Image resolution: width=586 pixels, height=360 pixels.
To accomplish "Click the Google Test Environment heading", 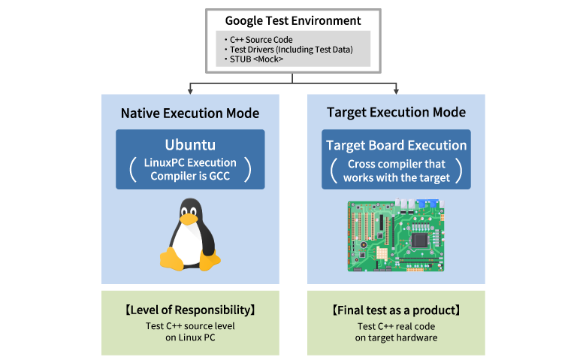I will pyautogui.click(x=292, y=21).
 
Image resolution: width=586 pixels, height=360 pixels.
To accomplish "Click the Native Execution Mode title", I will pyautogui.click(x=189, y=113).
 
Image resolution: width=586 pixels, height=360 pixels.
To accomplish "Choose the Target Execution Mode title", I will pyautogui.click(x=396, y=113).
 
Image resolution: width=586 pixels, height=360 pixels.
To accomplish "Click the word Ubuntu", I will pyautogui.click(x=189, y=144).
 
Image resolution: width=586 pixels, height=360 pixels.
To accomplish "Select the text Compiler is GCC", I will pyautogui.click(x=189, y=176).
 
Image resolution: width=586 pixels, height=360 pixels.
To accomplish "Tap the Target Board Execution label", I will pyautogui.click(x=396, y=145).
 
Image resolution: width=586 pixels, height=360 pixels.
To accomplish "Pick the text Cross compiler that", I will pyautogui.click(x=396, y=164).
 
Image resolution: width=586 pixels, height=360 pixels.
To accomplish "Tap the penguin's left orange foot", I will pyautogui.click(x=171, y=260).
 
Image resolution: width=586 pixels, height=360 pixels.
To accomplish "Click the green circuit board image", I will pyautogui.click(x=396, y=236).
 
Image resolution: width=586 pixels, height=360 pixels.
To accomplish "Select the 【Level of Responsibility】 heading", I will pyautogui.click(x=189, y=310).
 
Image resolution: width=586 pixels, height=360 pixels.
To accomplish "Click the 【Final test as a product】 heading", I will pyautogui.click(x=396, y=310).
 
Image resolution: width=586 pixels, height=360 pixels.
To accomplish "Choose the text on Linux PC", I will pyautogui.click(x=189, y=337).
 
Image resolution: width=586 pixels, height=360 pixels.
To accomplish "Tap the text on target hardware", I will pyautogui.click(x=396, y=337).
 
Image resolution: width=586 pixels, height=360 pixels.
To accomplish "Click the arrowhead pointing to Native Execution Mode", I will pyautogui.click(x=190, y=91).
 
